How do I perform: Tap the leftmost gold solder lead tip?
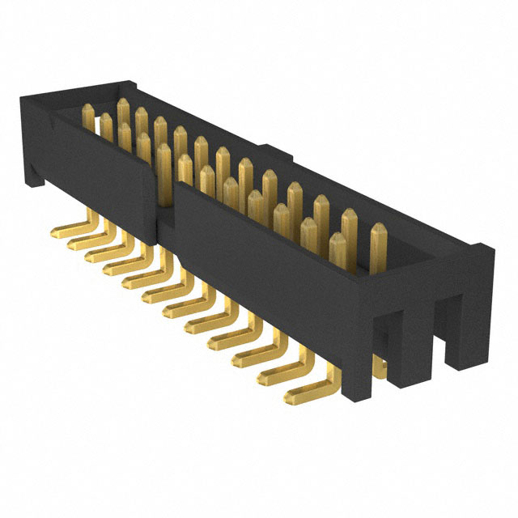(x=57, y=232)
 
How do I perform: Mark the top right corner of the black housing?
(x=486, y=247)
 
